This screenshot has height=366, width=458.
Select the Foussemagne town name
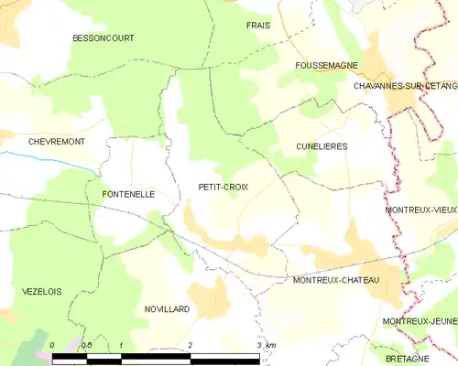coord(324,67)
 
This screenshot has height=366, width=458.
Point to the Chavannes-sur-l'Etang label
coord(404,85)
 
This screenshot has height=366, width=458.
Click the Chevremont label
coord(32,142)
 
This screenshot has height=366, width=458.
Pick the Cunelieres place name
coord(322,146)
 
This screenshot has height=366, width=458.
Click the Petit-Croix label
coord(224,187)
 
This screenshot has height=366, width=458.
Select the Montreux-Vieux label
coord(420,210)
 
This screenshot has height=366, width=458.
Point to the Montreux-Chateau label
coord(334,280)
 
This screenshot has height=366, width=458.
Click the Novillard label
coord(167,309)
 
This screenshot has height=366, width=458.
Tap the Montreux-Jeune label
coord(420,321)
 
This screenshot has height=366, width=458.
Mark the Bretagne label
coord(408,359)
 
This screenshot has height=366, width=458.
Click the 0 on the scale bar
coord(52,344)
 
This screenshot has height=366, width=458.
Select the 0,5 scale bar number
coord(86,344)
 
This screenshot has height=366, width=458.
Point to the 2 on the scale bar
coord(190,344)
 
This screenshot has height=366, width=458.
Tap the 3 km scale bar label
coord(266,344)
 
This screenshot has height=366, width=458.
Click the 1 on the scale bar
coord(121,344)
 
